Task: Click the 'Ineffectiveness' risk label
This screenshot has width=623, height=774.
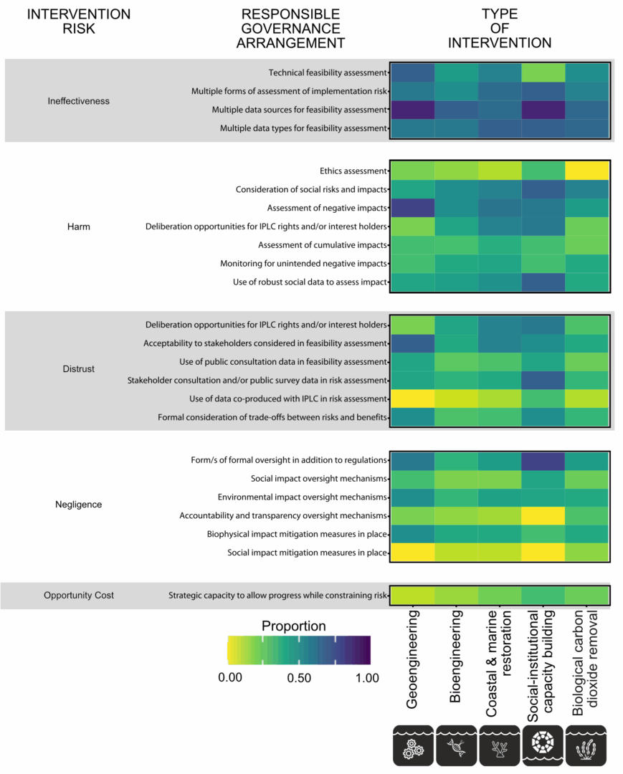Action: tap(78, 101)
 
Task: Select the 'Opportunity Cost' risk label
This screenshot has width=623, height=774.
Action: tap(78, 596)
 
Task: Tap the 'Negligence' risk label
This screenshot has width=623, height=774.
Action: tap(78, 505)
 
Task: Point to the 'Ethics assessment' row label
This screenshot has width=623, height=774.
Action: tap(353, 171)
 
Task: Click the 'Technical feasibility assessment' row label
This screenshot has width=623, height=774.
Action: tap(328, 72)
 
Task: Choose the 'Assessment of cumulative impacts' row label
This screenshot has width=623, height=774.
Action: tap(323, 245)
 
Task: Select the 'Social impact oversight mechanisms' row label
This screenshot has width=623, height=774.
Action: tap(318, 478)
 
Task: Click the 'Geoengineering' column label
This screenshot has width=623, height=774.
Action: tap(412, 659)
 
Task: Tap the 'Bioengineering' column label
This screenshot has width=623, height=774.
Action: tap(455, 656)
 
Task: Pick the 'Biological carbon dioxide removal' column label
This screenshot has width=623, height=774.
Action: tap(585, 663)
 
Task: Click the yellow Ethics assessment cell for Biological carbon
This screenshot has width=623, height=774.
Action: tap(587, 171)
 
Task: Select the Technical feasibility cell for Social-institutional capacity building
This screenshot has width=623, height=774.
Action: tap(543, 72)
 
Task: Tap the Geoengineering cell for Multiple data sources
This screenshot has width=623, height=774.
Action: tap(413, 110)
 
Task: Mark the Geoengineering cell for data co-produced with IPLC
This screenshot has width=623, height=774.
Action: tap(413, 399)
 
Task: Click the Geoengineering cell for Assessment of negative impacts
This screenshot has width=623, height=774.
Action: tap(413, 208)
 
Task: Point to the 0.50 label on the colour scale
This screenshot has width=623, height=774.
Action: tap(299, 678)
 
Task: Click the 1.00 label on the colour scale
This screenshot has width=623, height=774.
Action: tap(367, 678)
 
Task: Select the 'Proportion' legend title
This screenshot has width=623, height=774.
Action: tap(294, 626)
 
